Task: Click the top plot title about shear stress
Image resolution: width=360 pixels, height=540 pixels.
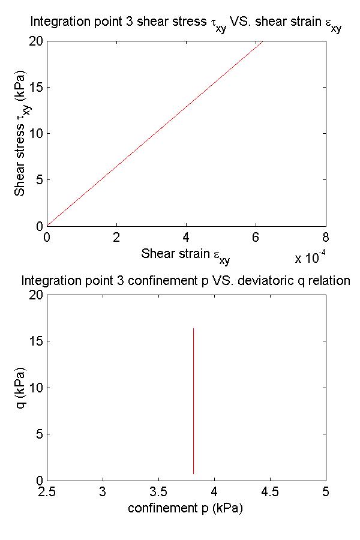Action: tap(185, 24)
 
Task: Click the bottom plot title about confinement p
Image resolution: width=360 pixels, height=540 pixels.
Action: tap(185, 280)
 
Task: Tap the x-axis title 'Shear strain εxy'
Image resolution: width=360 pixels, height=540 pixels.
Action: tap(185, 254)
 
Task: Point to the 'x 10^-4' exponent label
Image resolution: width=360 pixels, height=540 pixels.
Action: tap(310, 259)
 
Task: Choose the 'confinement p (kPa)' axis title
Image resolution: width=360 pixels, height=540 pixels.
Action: tap(185, 508)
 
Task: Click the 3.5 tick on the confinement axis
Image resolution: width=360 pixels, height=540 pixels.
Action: tap(158, 492)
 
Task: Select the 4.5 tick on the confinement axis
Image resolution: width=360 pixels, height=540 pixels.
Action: tap(270, 492)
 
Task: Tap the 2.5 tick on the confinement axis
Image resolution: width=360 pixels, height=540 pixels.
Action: tap(47, 492)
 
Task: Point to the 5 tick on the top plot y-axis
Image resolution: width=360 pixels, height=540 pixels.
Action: tap(39, 180)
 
